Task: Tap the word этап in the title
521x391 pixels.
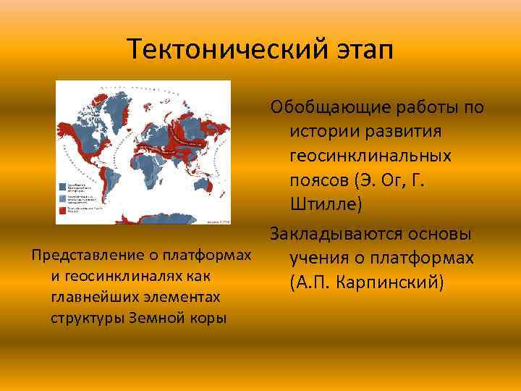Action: click(x=356, y=50)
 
